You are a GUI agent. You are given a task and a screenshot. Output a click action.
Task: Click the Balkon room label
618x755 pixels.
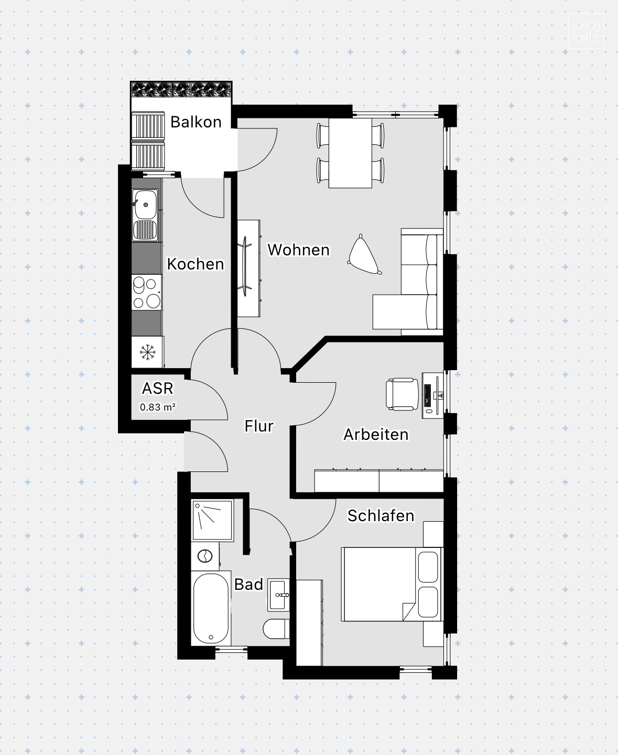pyautogui.click(x=196, y=122)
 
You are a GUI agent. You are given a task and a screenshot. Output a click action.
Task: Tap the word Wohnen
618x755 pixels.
pyautogui.click(x=298, y=250)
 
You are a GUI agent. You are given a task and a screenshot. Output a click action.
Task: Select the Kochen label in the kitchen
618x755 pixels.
pyautogui.click(x=195, y=264)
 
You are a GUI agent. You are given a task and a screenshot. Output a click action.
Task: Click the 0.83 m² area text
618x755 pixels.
pyautogui.click(x=157, y=407)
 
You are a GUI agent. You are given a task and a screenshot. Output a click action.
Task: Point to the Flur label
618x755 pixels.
pyautogui.click(x=259, y=426)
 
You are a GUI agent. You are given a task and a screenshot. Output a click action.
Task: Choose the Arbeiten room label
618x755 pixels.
pyautogui.click(x=376, y=434)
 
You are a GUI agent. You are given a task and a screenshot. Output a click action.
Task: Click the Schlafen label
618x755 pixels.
pyautogui.click(x=381, y=515)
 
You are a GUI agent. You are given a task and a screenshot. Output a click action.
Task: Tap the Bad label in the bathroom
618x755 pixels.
pyautogui.click(x=248, y=584)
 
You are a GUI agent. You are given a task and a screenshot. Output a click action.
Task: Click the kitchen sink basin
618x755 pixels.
pyautogui.click(x=145, y=204)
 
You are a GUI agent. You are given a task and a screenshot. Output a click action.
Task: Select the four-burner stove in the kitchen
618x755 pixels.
pyautogui.click(x=146, y=292)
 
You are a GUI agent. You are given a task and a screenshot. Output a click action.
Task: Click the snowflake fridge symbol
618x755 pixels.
pyautogui.click(x=147, y=352)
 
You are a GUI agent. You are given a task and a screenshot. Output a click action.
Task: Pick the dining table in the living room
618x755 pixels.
pyautogui.click(x=350, y=153)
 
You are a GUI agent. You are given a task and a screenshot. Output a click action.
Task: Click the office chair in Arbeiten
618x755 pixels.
pyautogui.click(x=402, y=394)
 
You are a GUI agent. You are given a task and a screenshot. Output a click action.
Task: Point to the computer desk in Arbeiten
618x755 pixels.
pyautogui.click(x=432, y=395)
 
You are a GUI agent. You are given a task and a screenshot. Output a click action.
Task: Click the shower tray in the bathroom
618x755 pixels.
pyautogui.click(x=212, y=520)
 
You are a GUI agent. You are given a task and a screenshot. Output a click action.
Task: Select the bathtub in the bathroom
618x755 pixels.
pyautogui.click(x=211, y=609)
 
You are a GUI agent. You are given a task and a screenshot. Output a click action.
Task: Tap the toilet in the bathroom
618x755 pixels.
pyautogui.click(x=276, y=629)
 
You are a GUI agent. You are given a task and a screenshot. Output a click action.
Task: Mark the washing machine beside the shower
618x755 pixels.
pyautogui.click(x=205, y=556)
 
